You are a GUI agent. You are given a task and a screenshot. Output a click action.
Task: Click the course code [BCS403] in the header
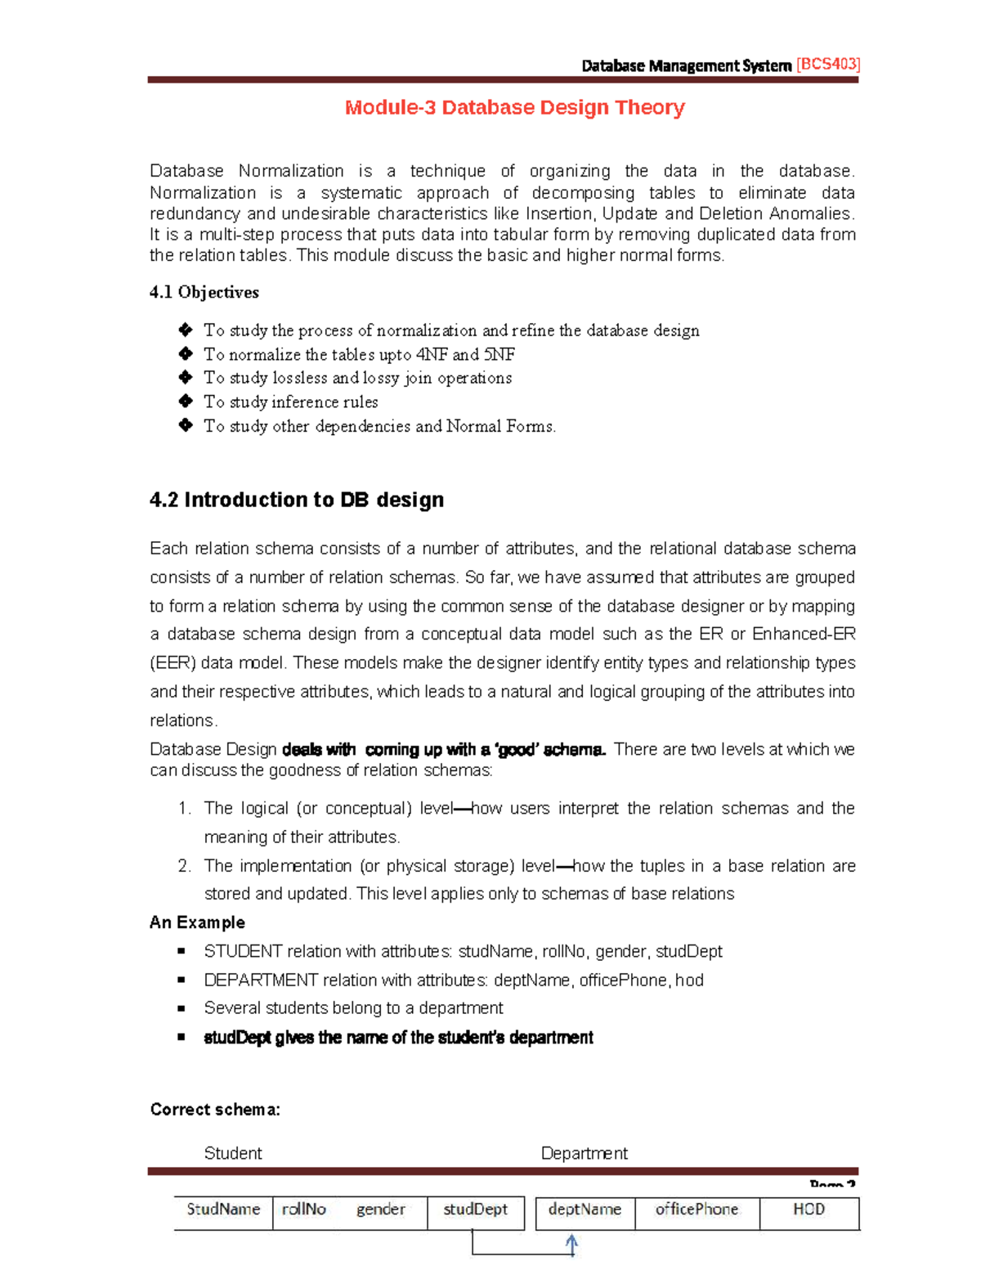827,65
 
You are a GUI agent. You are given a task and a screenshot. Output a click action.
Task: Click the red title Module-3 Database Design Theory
514,107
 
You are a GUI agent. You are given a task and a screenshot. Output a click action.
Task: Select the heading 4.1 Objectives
204,292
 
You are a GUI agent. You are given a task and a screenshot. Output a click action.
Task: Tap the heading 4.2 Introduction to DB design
297,500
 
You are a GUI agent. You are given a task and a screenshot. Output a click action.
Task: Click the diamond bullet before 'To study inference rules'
186,402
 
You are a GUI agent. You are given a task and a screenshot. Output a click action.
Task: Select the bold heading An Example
197,922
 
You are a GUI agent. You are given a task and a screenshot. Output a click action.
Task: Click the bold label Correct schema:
215,1110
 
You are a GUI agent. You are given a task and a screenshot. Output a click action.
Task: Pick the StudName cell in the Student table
223,1209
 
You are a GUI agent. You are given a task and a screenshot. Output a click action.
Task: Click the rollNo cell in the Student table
303,1209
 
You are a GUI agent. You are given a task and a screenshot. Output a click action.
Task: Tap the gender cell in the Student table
380,1209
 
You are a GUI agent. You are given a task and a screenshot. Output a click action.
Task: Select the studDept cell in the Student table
475,1209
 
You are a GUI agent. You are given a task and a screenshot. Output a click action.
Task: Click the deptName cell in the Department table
585,1209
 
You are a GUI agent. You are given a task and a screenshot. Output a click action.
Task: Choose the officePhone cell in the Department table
697,1209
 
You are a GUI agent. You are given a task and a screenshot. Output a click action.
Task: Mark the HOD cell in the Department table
809,1209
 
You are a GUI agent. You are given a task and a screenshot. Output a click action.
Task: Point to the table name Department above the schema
584,1153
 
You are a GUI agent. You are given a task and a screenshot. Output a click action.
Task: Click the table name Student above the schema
233,1153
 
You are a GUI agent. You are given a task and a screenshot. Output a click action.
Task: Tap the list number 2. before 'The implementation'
184,866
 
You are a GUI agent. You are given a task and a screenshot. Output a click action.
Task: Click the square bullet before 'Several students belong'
181,1008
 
